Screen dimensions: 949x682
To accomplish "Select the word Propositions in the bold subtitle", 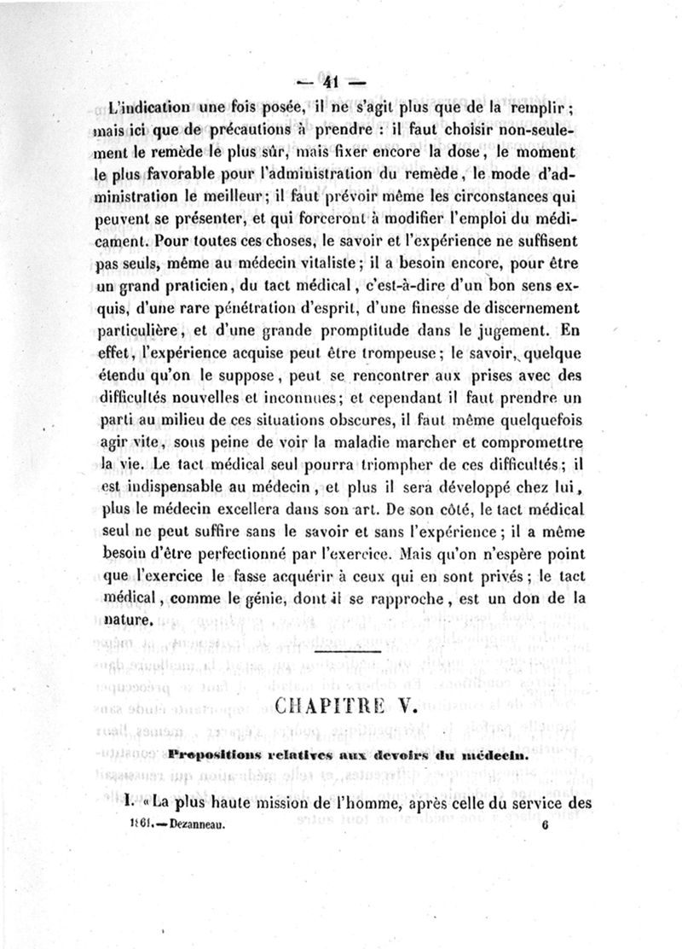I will [211, 754].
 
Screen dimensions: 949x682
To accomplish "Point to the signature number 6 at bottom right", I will [543, 826].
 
